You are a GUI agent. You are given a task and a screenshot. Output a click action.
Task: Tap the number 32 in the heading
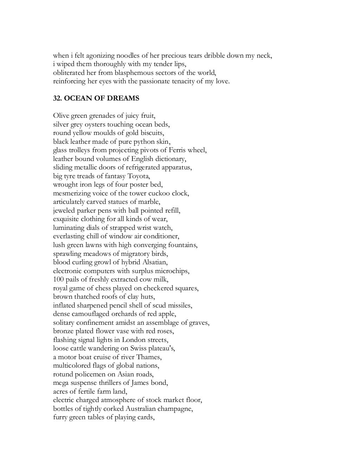pyautogui.click(x=57, y=98)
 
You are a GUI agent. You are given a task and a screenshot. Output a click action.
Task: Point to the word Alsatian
pyautogui.click(x=155, y=262)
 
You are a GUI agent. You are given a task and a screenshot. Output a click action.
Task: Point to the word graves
pyautogui.click(x=199, y=323)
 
